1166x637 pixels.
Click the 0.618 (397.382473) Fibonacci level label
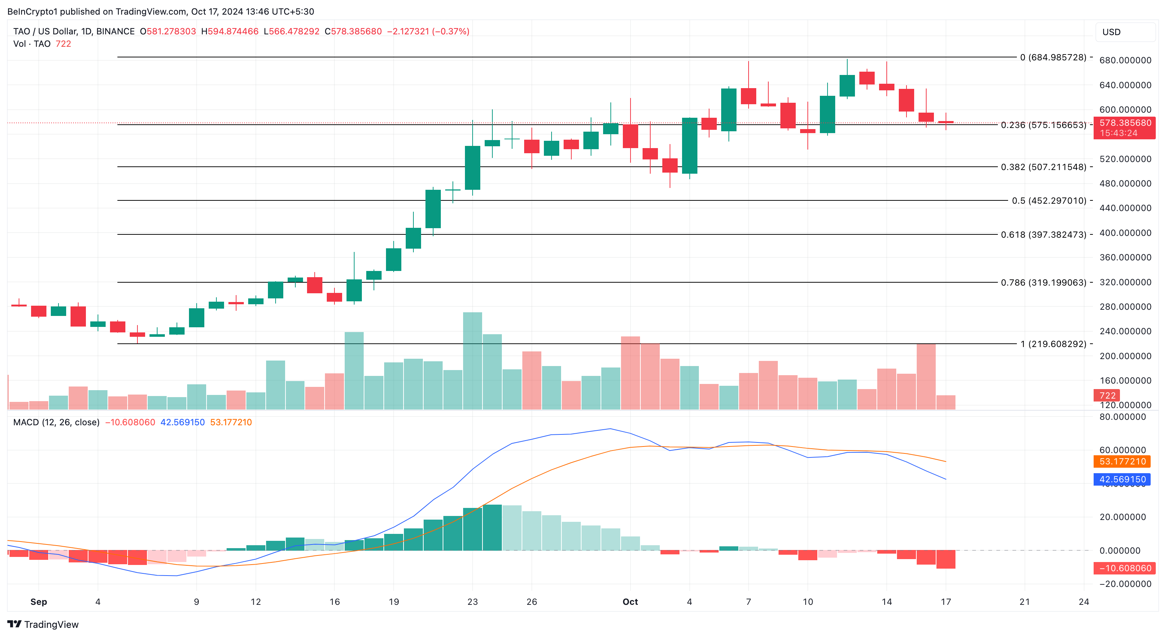1043,234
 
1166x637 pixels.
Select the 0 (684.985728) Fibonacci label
1053,57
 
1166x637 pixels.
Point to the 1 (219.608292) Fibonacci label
1053,344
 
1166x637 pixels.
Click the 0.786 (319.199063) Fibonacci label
1043,283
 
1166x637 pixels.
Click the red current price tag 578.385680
1125,123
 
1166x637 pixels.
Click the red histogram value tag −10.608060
1125,568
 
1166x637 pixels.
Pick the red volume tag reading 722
1107,395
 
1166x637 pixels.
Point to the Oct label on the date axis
630,602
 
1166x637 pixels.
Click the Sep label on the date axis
38,602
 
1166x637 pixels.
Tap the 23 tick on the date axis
472,602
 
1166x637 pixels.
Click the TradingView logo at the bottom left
43,624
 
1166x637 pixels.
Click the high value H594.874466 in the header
230,31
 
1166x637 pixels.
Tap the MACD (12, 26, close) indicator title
56,422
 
